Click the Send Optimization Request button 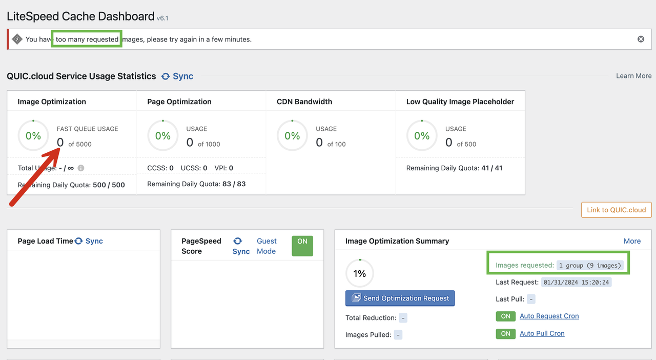pos(400,298)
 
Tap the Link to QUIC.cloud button pos(616,210)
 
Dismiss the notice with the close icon pos(641,39)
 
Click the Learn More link pos(634,76)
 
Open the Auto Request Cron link pos(549,316)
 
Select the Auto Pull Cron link pos(542,334)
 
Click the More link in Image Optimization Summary pos(632,241)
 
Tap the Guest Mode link pos(266,246)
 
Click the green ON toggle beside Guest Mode pos(302,246)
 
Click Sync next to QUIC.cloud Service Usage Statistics pos(177,76)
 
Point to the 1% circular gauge pos(360,273)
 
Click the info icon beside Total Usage pos(81,168)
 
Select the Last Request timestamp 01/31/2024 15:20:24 pos(576,283)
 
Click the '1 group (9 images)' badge pos(590,265)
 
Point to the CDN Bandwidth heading pos(304,102)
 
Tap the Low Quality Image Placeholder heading pos(460,102)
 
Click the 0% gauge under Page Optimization pos(163,135)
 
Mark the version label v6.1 pos(162,18)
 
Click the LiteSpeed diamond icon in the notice pos(17,39)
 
